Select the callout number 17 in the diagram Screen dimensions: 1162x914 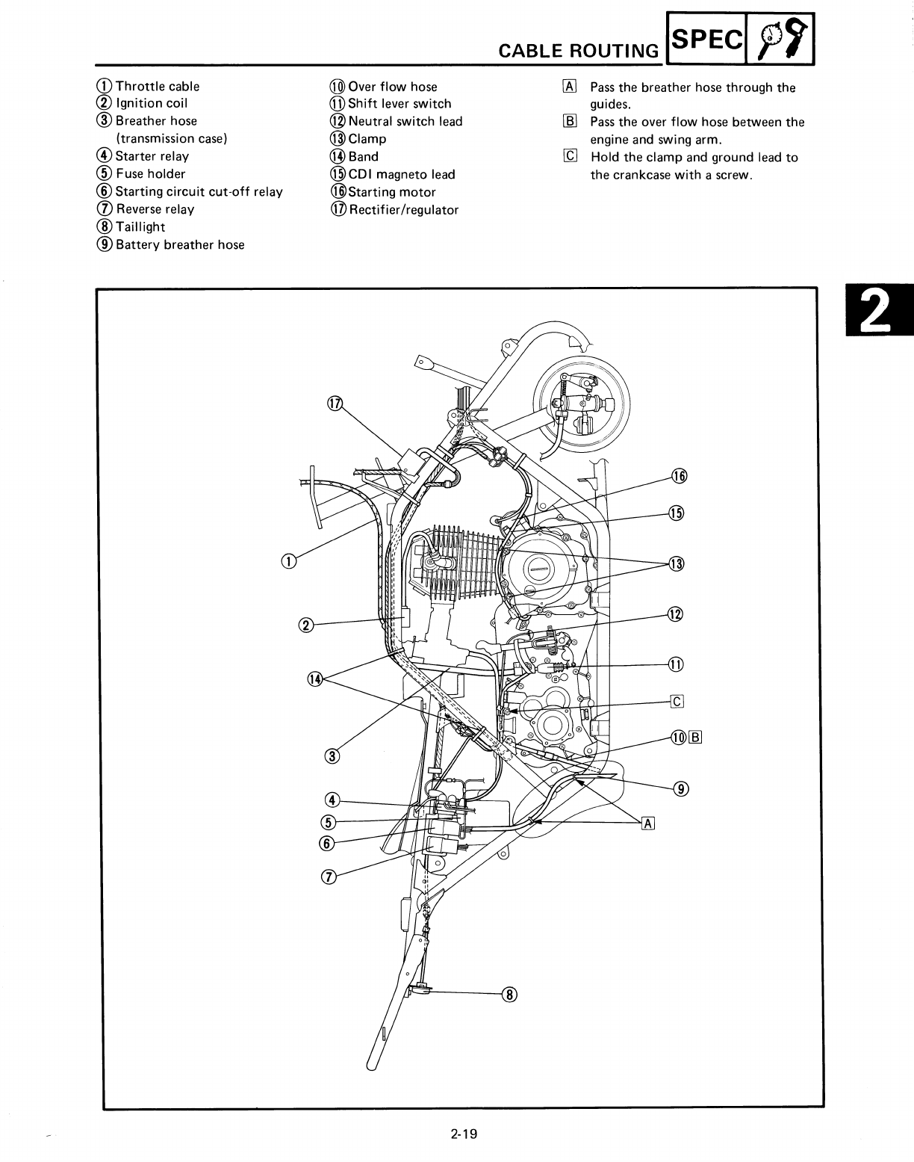[335, 404]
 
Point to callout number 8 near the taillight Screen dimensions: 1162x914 [511, 994]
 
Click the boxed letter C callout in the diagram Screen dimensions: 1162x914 [677, 701]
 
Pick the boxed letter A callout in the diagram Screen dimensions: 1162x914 [648, 823]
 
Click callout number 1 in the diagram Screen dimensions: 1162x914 [288, 561]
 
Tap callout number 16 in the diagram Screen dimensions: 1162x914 [678, 476]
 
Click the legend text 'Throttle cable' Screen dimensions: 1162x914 [158, 86]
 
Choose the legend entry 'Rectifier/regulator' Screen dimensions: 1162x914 [402, 210]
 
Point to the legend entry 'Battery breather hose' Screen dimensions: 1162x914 [179, 244]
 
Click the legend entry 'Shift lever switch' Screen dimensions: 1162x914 [400, 104]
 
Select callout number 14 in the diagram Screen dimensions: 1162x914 [315, 679]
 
